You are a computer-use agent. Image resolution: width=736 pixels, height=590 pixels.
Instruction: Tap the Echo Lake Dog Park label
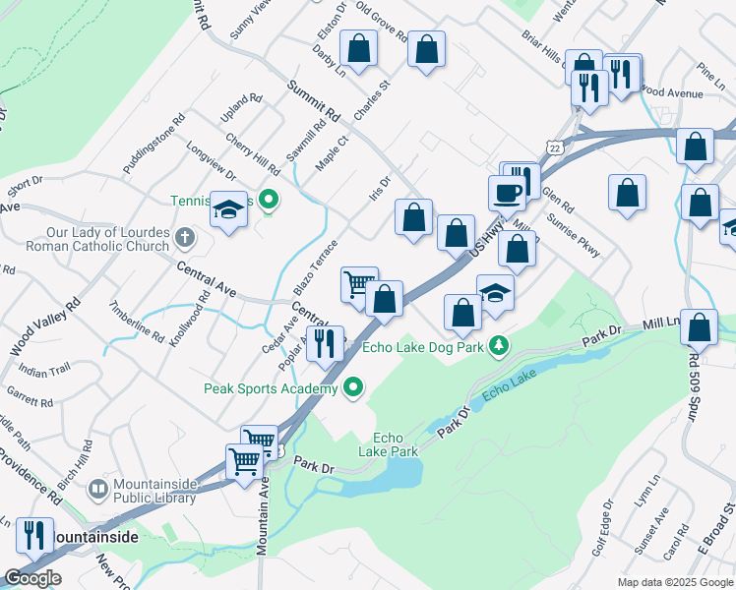click(x=422, y=346)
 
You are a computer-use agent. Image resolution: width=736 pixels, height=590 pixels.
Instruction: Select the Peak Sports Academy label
click(x=271, y=388)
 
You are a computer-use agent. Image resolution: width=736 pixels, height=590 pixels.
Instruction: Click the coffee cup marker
click(x=507, y=191)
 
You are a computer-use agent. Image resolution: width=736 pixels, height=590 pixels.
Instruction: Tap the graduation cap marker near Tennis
click(x=229, y=210)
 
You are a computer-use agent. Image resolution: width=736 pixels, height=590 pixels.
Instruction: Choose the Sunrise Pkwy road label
click(x=574, y=236)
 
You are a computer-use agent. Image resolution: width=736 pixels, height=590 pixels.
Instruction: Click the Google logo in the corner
click(x=32, y=578)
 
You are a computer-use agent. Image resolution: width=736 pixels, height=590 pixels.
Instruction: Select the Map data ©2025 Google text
click(x=675, y=582)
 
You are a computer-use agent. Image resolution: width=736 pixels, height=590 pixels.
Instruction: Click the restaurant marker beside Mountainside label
click(x=34, y=535)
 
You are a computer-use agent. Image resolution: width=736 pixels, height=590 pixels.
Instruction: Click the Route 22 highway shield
click(x=557, y=147)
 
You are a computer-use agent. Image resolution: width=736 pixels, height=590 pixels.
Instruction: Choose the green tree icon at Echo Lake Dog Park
click(x=500, y=345)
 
